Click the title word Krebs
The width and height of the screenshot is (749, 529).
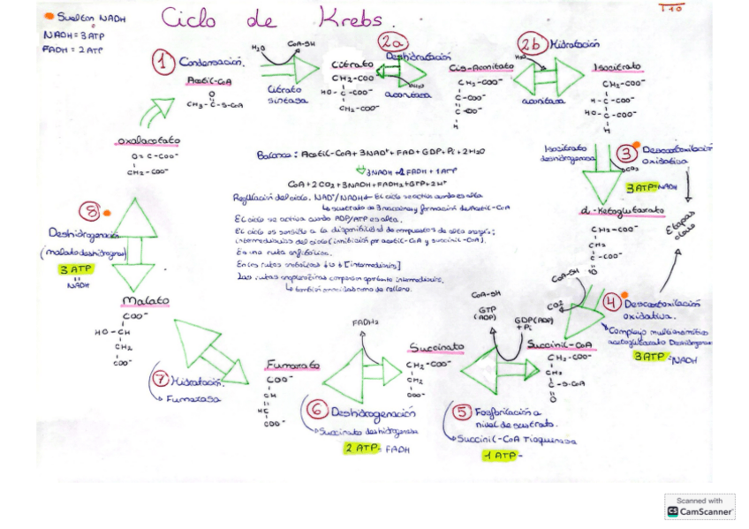(x=350, y=19)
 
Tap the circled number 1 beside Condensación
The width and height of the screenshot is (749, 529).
(x=162, y=63)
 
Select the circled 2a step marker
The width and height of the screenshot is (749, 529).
(x=392, y=42)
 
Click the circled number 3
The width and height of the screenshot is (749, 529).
(x=627, y=154)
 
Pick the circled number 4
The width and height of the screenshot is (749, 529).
(x=611, y=302)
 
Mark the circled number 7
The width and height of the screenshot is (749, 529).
(x=160, y=380)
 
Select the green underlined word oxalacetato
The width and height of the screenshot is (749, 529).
(x=147, y=140)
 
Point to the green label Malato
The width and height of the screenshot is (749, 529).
(x=146, y=301)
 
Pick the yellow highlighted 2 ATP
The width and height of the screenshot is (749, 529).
(x=361, y=448)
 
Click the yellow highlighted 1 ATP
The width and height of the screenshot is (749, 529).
(x=499, y=456)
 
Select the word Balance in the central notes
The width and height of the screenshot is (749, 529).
(x=276, y=155)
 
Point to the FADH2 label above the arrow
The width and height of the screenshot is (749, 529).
(x=362, y=323)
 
